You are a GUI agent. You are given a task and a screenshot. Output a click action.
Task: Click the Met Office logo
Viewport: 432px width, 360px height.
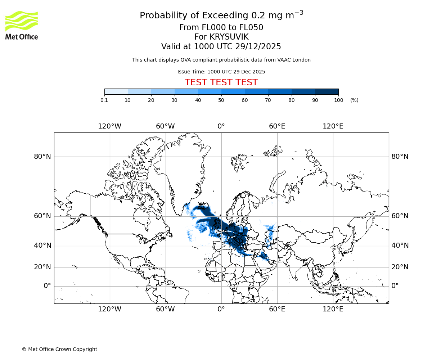click(x=22, y=25)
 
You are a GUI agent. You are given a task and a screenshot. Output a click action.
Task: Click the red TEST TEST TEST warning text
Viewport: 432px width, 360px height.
click(x=221, y=82)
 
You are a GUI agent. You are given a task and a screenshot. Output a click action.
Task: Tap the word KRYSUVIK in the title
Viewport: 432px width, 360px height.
click(x=229, y=37)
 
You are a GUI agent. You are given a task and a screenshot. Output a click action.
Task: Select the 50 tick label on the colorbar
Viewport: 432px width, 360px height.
click(x=221, y=100)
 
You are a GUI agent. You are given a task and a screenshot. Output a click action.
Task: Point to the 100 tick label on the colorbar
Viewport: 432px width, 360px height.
click(x=338, y=100)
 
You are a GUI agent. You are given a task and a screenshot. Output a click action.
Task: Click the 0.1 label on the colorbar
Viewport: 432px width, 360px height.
click(x=104, y=100)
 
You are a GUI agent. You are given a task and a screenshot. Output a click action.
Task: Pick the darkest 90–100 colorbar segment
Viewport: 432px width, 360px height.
click(x=327, y=91)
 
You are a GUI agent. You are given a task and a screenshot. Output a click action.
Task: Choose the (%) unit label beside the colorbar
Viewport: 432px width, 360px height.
click(x=354, y=100)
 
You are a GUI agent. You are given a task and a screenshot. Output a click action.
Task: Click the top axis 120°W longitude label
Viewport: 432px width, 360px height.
click(x=110, y=126)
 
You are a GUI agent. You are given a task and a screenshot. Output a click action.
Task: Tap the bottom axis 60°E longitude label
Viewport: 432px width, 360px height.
click(x=277, y=309)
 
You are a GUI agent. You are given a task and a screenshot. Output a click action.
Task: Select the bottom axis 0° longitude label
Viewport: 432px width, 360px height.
click(x=221, y=309)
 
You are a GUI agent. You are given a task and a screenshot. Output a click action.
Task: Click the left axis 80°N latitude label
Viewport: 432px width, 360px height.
click(x=42, y=157)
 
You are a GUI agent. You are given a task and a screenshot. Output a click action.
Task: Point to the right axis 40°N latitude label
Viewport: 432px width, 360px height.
click(x=400, y=246)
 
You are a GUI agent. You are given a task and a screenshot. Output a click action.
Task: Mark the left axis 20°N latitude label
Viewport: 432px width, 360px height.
click(x=42, y=267)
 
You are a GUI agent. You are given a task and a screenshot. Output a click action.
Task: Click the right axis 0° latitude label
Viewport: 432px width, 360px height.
click(x=395, y=286)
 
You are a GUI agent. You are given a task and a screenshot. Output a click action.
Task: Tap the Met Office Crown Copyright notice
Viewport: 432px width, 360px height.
click(x=59, y=349)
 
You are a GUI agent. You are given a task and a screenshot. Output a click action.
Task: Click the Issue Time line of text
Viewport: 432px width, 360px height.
click(x=221, y=72)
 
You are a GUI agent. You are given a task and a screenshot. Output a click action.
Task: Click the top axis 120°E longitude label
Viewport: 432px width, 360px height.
click(x=333, y=126)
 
